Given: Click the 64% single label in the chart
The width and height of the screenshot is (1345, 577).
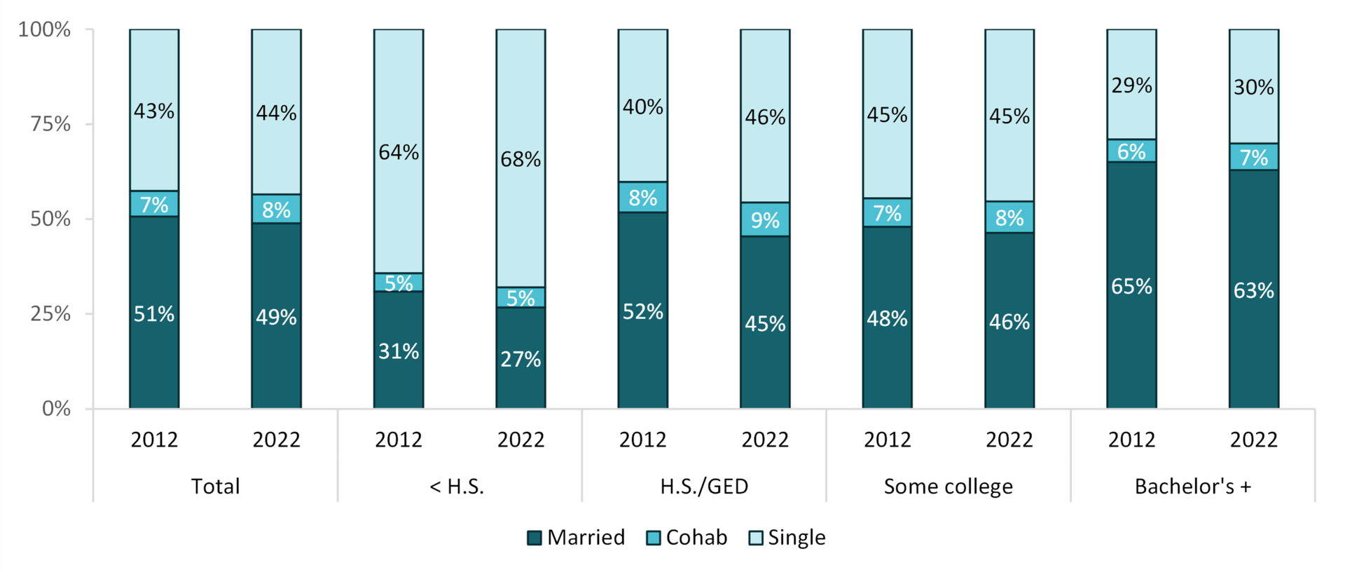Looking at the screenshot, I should point(399,152).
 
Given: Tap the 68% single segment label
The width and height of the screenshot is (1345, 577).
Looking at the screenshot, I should point(520,160).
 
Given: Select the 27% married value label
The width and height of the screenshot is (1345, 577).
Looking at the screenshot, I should point(520,360).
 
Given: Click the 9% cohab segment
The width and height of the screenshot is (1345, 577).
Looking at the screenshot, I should point(765,220).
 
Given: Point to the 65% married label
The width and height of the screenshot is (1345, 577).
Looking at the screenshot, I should point(1131,287).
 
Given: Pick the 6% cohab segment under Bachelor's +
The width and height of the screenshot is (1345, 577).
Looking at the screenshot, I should point(1131,151).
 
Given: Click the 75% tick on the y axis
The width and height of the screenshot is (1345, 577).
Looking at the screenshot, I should point(50,125).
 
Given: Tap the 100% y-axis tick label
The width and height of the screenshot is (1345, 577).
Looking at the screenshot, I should point(45,29).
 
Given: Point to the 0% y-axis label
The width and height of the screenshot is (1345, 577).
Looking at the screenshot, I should point(56,409).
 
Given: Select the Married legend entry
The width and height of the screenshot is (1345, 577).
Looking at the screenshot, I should point(576,538).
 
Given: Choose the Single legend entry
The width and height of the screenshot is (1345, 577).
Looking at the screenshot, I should point(787,538).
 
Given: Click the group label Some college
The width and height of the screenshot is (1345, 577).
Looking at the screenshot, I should point(948,487).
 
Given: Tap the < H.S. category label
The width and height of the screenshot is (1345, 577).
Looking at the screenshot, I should point(457,487).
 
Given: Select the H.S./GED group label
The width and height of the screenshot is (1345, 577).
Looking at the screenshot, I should point(704,487).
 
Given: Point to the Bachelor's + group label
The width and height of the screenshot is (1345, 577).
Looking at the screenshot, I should point(1192,487).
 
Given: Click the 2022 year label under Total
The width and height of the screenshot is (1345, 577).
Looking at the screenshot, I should point(276,440).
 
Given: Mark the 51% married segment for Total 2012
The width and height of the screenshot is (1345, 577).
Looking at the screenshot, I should point(154,313).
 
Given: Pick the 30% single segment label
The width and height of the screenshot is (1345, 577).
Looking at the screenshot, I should point(1253,88).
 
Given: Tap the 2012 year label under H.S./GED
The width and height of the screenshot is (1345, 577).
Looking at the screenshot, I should point(642,440).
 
